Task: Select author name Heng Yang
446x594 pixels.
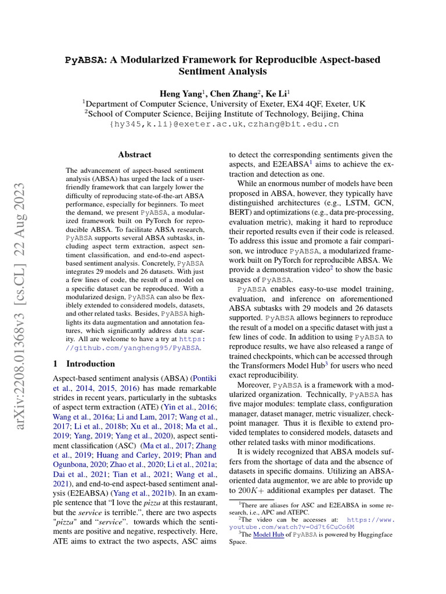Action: point(179,93)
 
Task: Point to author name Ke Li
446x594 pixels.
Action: point(275,93)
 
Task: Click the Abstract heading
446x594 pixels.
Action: point(135,155)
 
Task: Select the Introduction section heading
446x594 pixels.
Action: point(91,364)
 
